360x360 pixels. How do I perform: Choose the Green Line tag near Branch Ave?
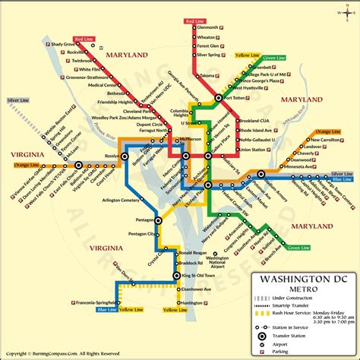297,248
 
